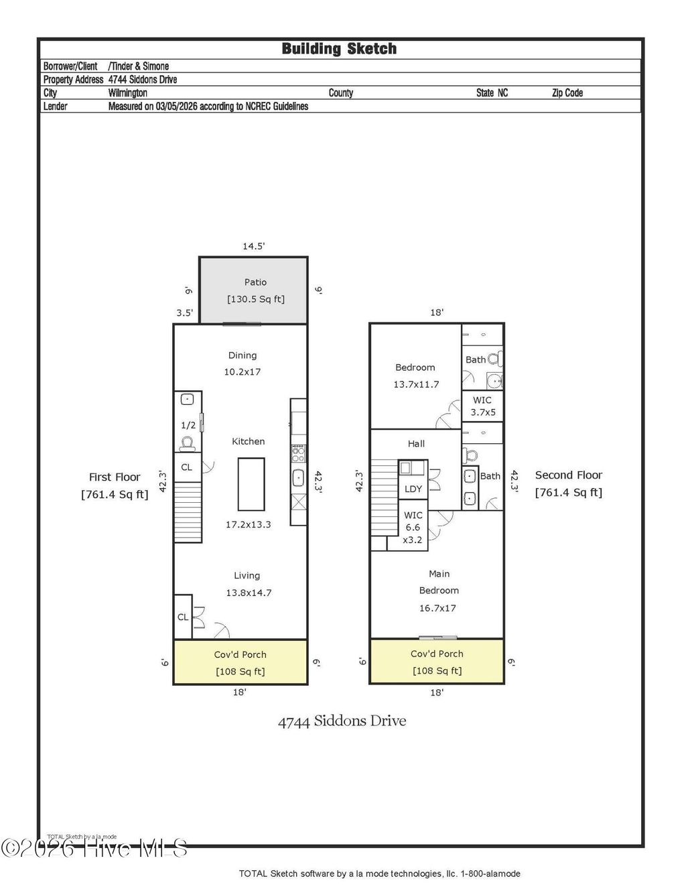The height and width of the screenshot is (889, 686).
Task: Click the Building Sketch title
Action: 339,49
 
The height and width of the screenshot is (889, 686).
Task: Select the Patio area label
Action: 255,283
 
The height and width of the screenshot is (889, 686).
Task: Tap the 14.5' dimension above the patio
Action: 253,247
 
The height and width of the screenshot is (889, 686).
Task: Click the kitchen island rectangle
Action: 251,484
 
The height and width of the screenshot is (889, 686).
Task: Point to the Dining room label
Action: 242,355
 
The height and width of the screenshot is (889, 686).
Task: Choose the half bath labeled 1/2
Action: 188,425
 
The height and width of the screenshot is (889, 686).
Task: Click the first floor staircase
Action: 188,512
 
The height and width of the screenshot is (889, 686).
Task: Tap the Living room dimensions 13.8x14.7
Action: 249,593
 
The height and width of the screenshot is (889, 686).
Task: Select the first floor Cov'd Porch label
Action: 240,654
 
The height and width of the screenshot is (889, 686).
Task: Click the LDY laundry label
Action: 413,489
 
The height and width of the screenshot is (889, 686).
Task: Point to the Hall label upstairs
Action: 416,444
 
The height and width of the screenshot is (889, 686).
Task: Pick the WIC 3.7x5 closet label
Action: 482,406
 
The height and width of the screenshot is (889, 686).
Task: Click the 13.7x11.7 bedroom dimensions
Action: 416,384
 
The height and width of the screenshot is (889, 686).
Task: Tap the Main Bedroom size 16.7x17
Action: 437,608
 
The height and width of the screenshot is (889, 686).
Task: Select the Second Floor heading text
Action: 568,475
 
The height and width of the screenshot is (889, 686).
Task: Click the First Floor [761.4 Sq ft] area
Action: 115,495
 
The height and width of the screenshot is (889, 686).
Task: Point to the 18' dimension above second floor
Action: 437,312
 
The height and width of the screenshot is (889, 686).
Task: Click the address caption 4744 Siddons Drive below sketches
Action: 342,721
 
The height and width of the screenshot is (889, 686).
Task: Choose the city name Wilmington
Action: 128,93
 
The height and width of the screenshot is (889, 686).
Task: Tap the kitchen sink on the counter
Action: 298,478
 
